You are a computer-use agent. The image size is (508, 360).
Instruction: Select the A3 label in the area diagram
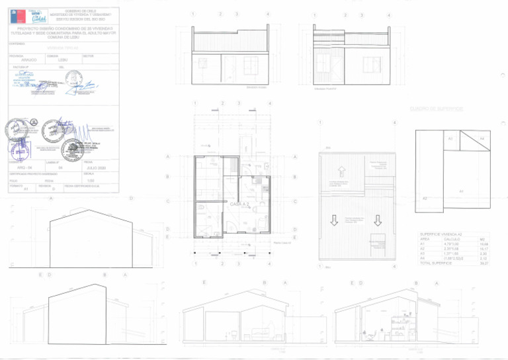coord(450,138)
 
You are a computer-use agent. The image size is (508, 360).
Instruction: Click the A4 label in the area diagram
coord(482,138)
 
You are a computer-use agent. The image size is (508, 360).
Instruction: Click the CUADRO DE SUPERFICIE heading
coord(436,109)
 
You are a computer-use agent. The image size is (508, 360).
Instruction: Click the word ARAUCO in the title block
coord(29,60)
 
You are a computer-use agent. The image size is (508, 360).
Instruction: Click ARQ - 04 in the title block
coord(24,168)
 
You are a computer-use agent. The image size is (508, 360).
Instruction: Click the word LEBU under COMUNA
coord(63,60)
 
